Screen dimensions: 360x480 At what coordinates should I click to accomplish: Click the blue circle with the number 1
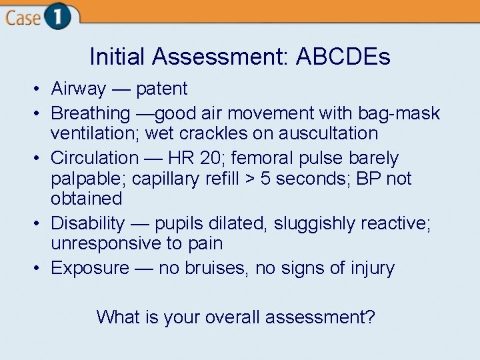59,17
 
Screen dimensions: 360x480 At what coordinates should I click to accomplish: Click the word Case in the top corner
23,17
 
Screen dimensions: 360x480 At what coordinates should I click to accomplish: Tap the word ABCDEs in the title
343,57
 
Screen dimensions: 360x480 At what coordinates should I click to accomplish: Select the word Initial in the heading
118,57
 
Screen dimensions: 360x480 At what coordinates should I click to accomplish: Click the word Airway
79,89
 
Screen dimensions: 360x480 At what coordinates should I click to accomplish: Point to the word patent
162,89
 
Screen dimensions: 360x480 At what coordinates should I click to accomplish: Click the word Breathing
91,113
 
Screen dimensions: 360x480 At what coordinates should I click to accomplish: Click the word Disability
87,223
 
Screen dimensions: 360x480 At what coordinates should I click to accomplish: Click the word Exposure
90,268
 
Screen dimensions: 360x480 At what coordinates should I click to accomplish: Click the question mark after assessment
370,317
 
